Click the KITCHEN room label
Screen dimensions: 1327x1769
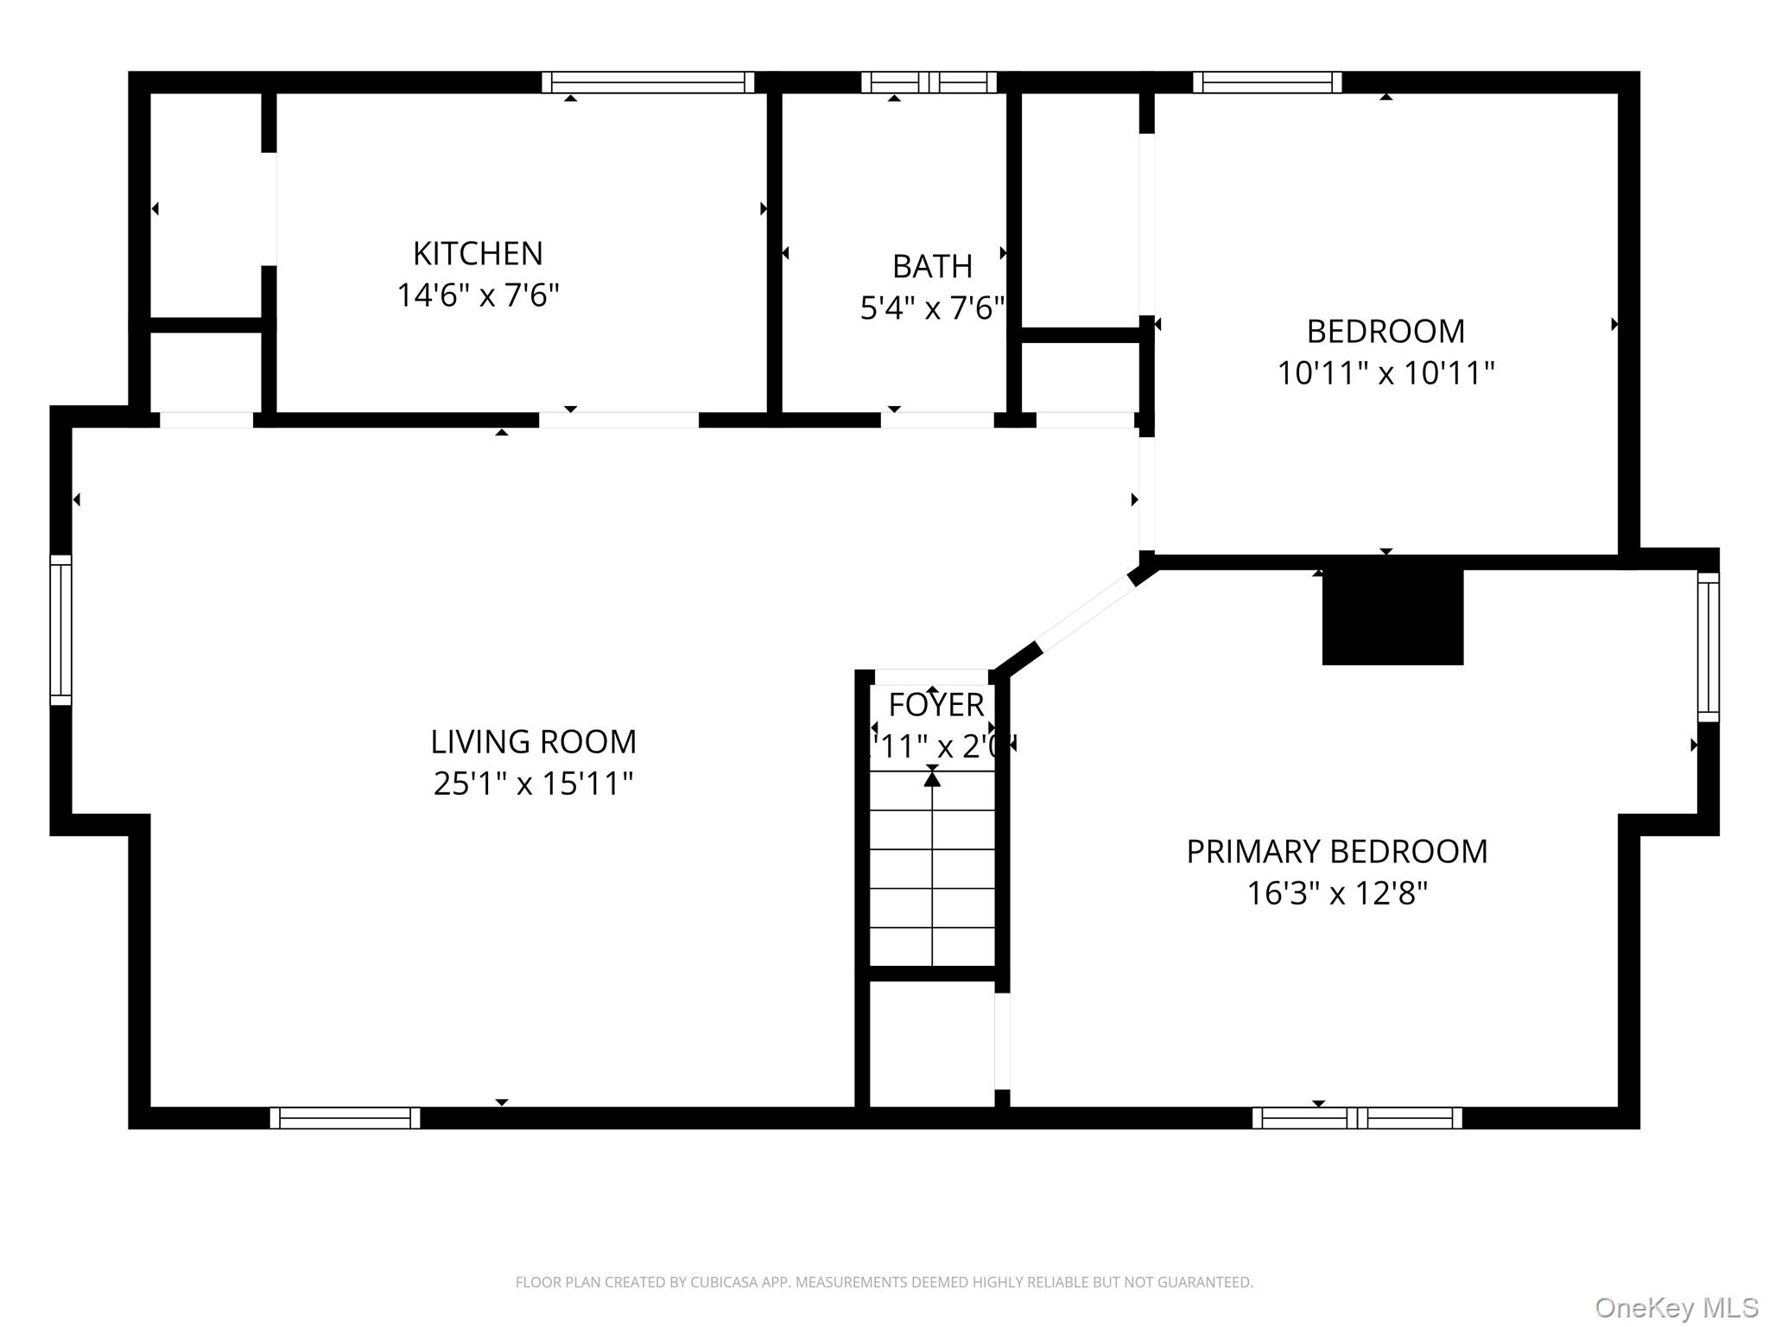(478, 254)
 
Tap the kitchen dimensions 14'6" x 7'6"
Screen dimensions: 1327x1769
(478, 295)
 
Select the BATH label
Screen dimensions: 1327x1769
(932, 266)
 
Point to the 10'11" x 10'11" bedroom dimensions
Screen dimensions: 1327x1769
(1385, 373)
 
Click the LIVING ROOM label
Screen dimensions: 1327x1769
(533, 742)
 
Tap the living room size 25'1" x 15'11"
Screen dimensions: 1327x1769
(533, 784)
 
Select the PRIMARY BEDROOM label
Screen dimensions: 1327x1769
(1336, 852)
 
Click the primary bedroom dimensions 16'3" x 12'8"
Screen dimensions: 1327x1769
(1336, 893)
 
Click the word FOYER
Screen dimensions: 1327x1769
(935, 705)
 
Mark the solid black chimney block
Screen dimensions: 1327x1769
(1392, 616)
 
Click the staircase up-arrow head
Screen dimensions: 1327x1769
(932, 778)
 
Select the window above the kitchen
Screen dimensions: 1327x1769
(648, 82)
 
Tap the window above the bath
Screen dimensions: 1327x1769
(929, 82)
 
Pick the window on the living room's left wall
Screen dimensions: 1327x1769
(60, 630)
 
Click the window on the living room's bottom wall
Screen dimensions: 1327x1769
(345, 1118)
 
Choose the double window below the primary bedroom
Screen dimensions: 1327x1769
(1357, 1118)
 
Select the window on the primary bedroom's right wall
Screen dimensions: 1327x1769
(1708, 647)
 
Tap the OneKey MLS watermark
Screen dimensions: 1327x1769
(1676, 1307)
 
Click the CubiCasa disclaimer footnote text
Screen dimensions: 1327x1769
(884, 1282)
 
